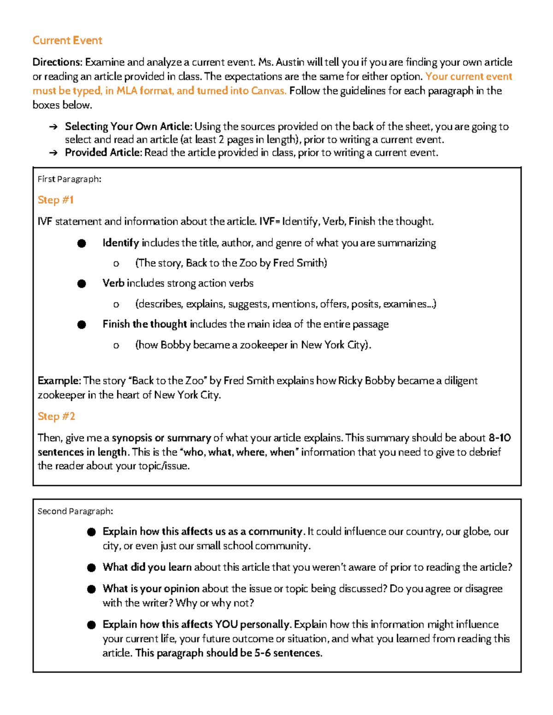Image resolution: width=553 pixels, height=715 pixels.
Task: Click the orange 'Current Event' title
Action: [67, 41]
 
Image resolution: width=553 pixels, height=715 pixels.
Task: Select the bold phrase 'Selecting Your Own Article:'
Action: [129, 127]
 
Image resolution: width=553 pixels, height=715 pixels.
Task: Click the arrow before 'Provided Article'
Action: [53, 153]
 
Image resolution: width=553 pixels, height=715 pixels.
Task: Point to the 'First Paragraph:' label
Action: [69, 179]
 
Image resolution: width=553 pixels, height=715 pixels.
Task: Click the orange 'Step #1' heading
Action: [55, 200]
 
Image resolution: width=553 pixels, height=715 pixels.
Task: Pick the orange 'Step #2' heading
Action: [56, 416]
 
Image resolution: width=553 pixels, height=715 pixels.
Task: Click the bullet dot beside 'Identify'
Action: [82, 244]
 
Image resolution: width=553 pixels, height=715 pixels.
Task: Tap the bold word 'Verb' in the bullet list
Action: [113, 283]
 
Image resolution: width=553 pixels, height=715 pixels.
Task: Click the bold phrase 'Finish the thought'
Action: [145, 324]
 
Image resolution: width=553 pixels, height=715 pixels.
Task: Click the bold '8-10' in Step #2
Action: [500, 438]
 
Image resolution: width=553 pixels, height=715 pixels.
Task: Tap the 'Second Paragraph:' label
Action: [75, 511]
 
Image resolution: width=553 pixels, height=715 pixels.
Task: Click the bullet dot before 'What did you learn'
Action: [91, 568]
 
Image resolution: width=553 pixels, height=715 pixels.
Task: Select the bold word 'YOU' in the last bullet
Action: [226, 624]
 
